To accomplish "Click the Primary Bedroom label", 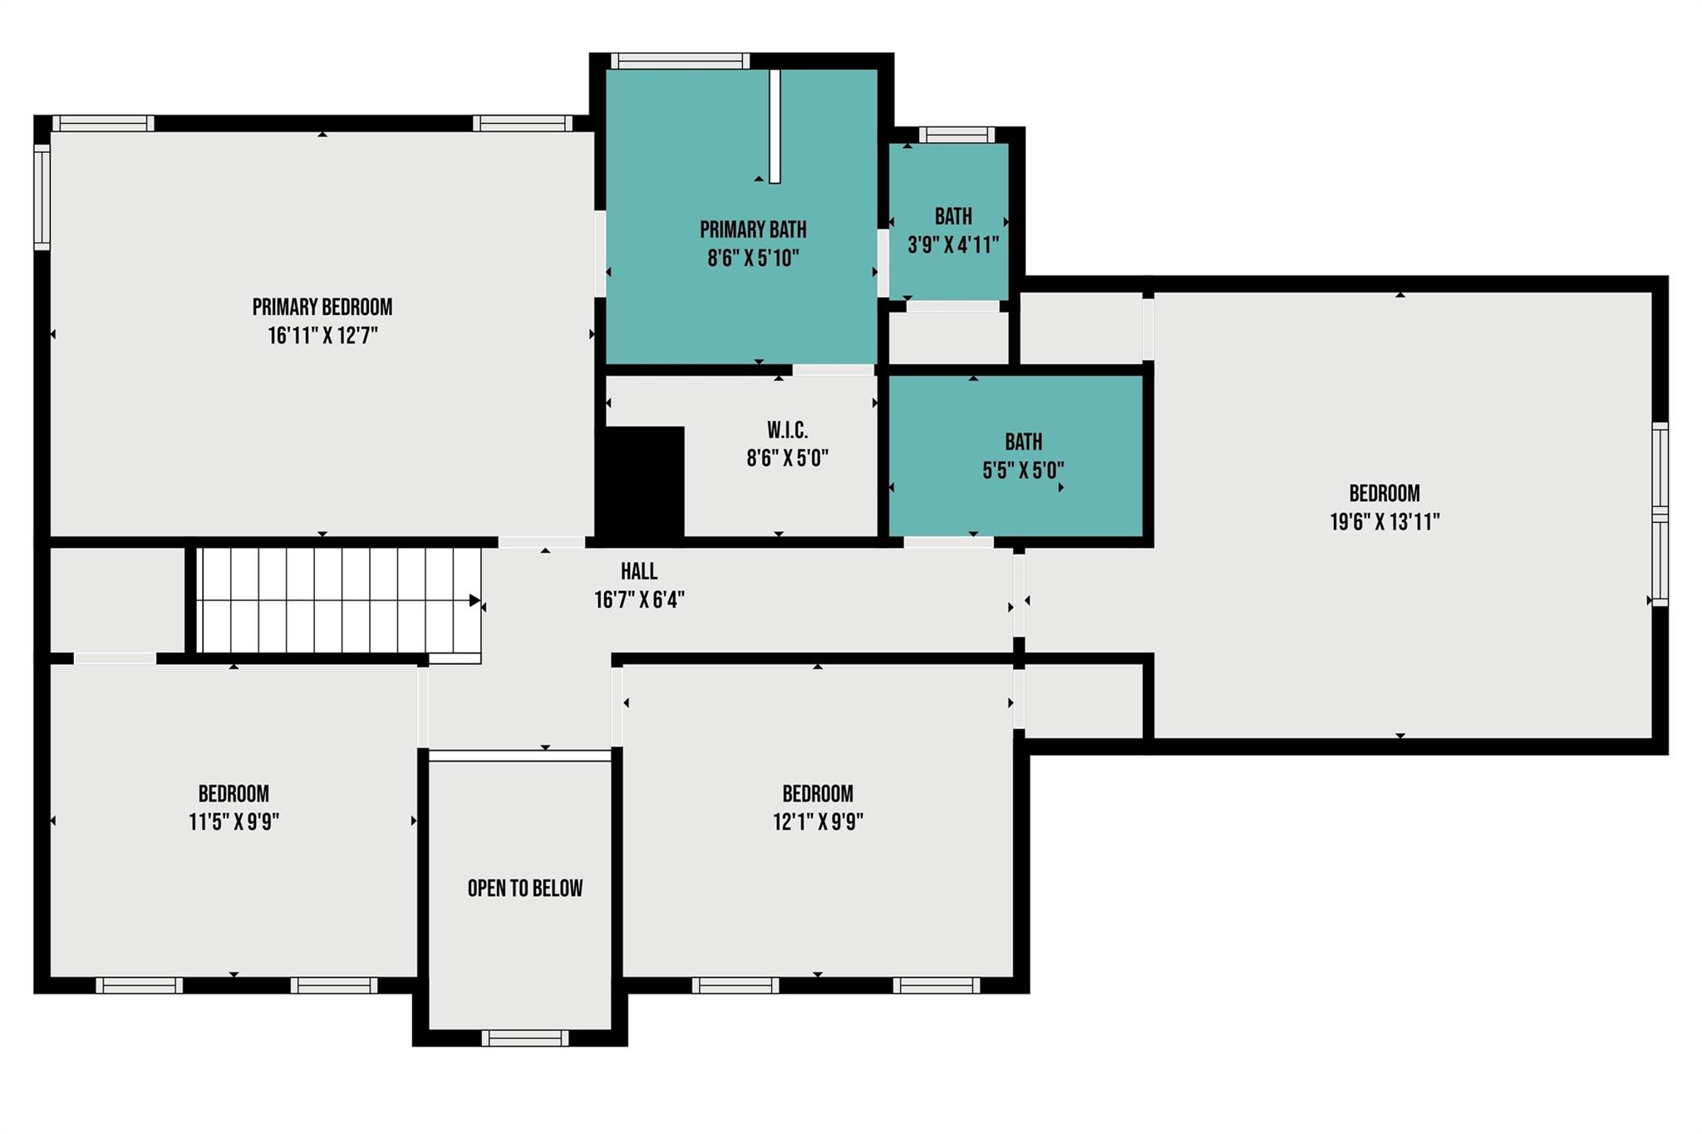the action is [x=322, y=307].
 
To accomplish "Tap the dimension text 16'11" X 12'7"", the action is [x=322, y=336].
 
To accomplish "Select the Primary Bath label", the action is [x=753, y=229].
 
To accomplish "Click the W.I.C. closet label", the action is [x=787, y=431].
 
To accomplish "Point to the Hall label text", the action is [x=639, y=571].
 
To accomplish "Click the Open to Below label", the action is [x=525, y=888].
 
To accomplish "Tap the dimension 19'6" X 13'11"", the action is [x=1385, y=522].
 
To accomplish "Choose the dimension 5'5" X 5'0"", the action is [x=1023, y=471].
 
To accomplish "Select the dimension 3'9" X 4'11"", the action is [x=953, y=245].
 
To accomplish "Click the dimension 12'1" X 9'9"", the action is [x=818, y=822].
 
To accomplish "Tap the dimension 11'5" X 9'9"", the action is [x=234, y=822].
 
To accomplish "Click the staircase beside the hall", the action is [x=339, y=600].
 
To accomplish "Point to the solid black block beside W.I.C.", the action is [x=641, y=482].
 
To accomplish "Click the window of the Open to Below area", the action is [x=525, y=1038].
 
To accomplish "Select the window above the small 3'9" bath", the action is [x=957, y=135].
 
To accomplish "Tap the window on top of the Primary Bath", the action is [x=680, y=61].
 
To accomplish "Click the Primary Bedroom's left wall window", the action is [x=42, y=197].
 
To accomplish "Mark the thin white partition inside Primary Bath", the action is [x=775, y=126].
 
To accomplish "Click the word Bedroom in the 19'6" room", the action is [x=1385, y=493].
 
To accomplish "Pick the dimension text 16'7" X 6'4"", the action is [x=639, y=599].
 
